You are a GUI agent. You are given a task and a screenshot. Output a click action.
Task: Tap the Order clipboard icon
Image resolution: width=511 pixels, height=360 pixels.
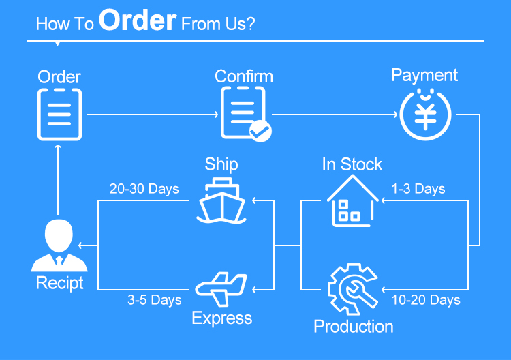pyautogui.click(x=59, y=114)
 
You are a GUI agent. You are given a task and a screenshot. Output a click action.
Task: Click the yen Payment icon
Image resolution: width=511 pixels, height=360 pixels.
pyautogui.click(x=425, y=114)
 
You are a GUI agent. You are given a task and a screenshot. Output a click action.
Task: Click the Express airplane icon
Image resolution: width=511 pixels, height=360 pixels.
pyautogui.click(x=221, y=289)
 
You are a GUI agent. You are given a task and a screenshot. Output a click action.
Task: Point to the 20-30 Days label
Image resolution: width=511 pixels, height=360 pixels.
pyautogui.click(x=144, y=189)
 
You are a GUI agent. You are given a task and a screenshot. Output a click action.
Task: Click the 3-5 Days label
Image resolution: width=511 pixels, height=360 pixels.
pyautogui.click(x=154, y=300)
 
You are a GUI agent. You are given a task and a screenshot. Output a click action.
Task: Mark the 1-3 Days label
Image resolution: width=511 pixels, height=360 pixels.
pyautogui.click(x=418, y=189)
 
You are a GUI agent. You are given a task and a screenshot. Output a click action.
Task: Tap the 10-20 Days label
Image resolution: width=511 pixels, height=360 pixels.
pyautogui.click(x=426, y=300)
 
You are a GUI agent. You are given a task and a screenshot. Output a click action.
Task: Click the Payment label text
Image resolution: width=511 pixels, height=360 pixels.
pyautogui.click(x=424, y=75)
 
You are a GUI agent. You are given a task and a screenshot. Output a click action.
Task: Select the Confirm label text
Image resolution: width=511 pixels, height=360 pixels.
pyautogui.click(x=243, y=76)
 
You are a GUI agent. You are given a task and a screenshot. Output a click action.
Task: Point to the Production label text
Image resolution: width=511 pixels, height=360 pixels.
pyautogui.click(x=353, y=327)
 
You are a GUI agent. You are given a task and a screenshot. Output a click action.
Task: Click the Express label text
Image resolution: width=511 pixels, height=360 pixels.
pyautogui.click(x=221, y=318)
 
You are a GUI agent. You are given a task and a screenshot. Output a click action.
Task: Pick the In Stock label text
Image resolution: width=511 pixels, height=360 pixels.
pyautogui.click(x=352, y=164)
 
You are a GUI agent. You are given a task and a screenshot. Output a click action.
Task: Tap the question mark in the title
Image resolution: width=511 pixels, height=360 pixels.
pyautogui.click(x=250, y=24)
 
